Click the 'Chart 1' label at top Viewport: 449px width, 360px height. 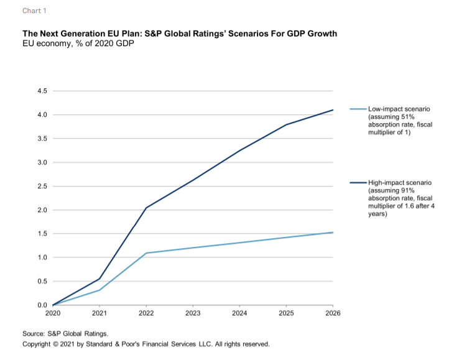tap(34, 11)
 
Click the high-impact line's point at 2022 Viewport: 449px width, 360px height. tap(146, 208)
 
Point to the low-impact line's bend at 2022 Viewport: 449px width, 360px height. tap(146, 253)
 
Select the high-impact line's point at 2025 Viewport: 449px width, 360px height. tap(287, 124)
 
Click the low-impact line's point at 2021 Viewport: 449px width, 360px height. tap(100, 290)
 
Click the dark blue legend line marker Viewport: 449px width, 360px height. tap(358, 183)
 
